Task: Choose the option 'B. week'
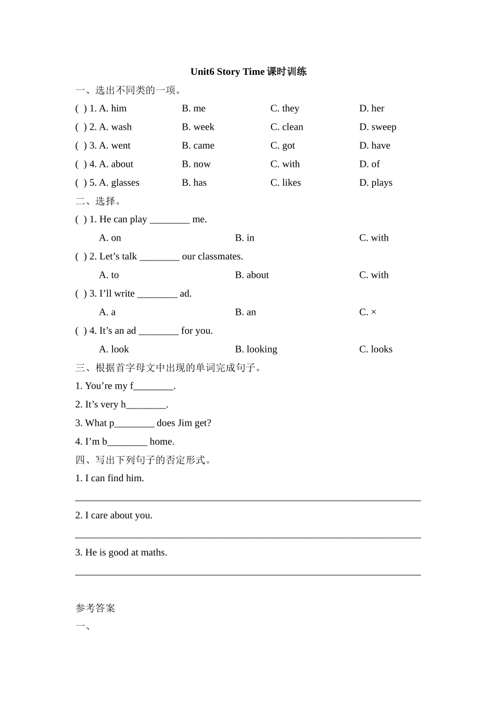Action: tap(198, 127)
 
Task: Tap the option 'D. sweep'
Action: tap(377, 127)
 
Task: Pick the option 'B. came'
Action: tap(198, 145)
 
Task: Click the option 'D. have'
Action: tap(375, 145)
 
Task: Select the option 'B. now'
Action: tap(196, 164)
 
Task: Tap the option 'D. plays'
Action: tap(376, 183)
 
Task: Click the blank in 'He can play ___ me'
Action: tap(170, 220)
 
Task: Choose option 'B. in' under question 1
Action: tap(244, 238)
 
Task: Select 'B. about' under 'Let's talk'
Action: tap(252, 275)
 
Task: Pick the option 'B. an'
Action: tap(245, 312)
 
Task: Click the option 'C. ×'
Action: tap(368, 312)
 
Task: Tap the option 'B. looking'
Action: tap(256, 349)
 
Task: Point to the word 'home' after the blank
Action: tap(161, 442)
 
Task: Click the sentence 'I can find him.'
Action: tap(109, 478)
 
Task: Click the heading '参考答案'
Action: tap(95, 608)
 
